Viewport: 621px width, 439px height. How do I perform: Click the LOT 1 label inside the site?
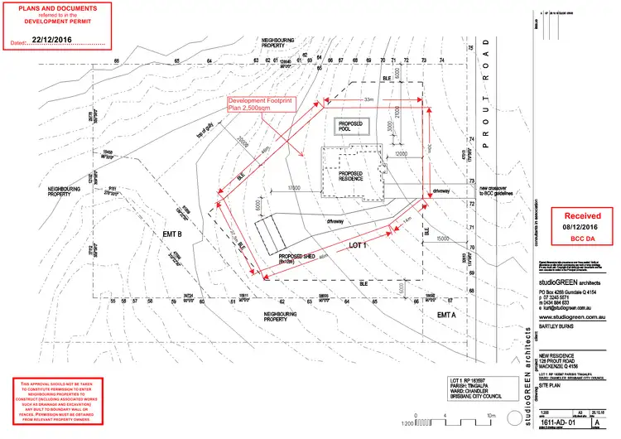coord(357,246)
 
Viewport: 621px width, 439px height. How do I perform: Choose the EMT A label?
coord(447,315)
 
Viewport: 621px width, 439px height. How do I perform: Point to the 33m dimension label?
coord(368,99)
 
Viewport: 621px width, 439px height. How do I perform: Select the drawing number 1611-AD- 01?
coord(556,423)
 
